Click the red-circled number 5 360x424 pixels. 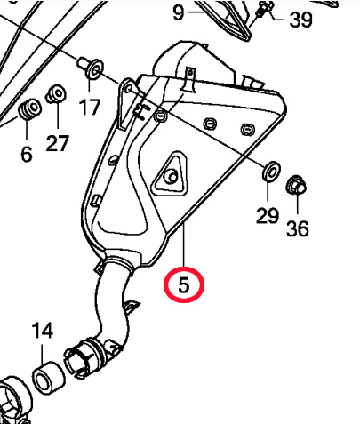(x=184, y=285)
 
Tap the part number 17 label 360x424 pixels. (x=89, y=107)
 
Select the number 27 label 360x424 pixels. (x=58, y=143)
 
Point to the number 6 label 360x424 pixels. (x=27, y=154)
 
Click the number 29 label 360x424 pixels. (x=268, y=215)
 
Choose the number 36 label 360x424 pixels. (x=298, y=228)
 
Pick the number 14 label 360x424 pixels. (x=43, y=331)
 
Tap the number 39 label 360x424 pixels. (x=300, y=20)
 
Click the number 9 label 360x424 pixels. (x=178, y=12)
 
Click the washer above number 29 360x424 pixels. (x=271, y=171)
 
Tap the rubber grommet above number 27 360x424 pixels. (x=56, y=94)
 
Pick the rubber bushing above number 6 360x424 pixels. (x=30, y=108)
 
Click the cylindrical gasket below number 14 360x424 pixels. (x=48, y=378)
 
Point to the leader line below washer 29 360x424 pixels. (x=268, y=191)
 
